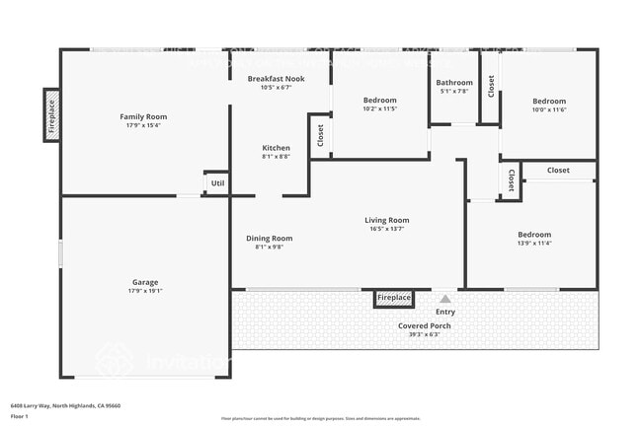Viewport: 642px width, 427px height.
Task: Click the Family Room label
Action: click(143, 116)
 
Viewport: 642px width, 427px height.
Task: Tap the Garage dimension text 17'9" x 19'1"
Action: click(145, 291)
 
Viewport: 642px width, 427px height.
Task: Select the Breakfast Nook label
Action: click(276, 78)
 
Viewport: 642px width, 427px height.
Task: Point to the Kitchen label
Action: click(276, 148)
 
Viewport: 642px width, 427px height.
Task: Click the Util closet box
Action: click(217, 183)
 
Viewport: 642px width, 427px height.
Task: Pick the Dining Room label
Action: click(269, 238)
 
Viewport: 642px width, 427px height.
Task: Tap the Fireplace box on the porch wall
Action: click(393, 298)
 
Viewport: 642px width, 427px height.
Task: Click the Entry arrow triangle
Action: click(445, 299)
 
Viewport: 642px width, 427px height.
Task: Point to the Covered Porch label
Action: click(425, 325)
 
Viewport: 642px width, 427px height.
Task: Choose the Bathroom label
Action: click(454, 83)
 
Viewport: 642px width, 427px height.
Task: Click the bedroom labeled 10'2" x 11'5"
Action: click(379, 101)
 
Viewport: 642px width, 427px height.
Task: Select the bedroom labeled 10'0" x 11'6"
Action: click(549, 101)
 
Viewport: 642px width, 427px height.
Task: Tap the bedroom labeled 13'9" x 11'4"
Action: click(534, 235)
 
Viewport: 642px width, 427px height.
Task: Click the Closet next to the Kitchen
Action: click(320, 135)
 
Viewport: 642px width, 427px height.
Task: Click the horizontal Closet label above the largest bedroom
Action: click(558, 171)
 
